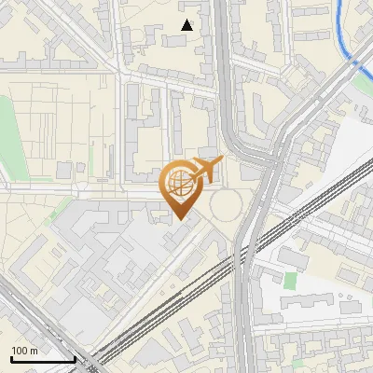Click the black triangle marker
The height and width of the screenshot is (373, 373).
(187, 25)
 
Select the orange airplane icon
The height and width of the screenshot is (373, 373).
(205, 171)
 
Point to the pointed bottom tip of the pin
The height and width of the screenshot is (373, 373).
(180, 219)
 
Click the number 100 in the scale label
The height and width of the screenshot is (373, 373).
(20, 351)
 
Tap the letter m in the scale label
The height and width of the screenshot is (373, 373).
(34, 351)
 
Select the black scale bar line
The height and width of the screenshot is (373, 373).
(43, 359)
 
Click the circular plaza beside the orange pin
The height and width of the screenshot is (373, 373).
(227, 203)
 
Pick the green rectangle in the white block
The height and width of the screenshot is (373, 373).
(290, 280)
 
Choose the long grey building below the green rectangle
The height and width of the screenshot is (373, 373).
(308, 303)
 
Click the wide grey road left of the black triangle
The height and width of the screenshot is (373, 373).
(117, 37)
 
